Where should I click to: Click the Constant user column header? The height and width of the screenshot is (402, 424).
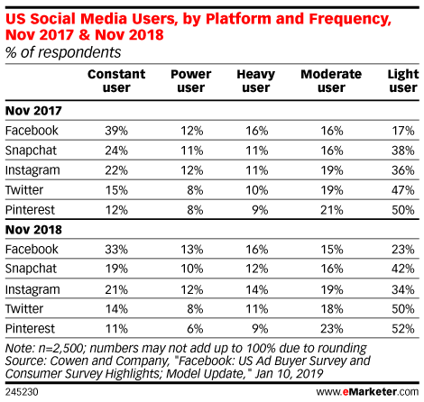tap(116, 81)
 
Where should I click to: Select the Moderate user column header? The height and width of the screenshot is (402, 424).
tap(331, 81)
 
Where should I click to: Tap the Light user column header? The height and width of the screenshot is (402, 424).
tap(403, 81)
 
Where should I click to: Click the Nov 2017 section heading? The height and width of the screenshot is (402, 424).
tap(33, 111)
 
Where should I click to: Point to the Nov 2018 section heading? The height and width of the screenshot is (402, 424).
tap(33, 230)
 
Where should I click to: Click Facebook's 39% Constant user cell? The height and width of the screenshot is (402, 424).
tap(116, 131)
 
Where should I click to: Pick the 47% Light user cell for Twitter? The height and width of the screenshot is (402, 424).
tap(403, 190)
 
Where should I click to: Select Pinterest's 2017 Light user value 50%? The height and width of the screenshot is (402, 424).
tap(403, 210)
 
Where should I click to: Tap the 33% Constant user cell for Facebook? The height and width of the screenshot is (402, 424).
tap(116, 250)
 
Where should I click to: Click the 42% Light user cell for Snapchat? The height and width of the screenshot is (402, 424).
tap(403, 269)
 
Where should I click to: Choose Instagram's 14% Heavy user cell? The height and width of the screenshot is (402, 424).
tap(257, 289)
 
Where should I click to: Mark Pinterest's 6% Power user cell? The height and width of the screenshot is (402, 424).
tap(195, 329)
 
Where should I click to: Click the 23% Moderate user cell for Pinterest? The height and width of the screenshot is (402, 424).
tap(332, 329)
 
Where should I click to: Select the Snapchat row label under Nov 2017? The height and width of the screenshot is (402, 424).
tap(31, 151)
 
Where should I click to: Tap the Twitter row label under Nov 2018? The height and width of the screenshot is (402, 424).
tap(24, 309)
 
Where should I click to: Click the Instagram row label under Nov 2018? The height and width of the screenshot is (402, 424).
tap(32, 290)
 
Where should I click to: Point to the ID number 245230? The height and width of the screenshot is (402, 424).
tap(22, 392)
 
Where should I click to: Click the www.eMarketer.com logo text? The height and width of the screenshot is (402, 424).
tap(367, 392)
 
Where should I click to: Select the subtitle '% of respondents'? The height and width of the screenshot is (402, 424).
tap(63, 52)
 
